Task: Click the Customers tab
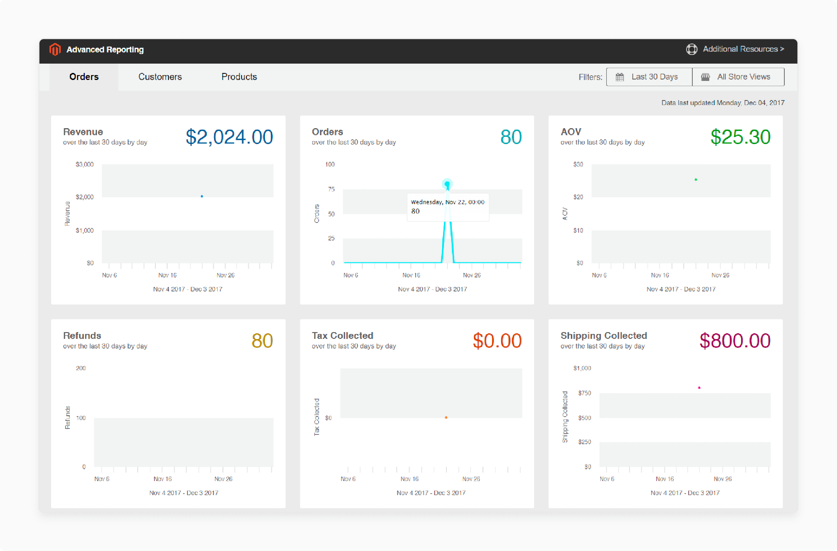(x=160, y=77)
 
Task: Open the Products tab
(x=239, y=77)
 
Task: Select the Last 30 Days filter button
(x=649, y=77)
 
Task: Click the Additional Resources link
(x=743, y=49)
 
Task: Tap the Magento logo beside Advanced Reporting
(x=55, y=49)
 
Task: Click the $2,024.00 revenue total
(x=229, y=137)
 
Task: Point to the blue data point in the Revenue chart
(x=202, y=196)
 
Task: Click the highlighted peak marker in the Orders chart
(x=447, y=184)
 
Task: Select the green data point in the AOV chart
(x=696, y=180)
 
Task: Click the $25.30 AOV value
(x=740, y=137)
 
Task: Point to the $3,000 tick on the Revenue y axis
(x=85, y=164)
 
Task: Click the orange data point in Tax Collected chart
(x=446, y=417)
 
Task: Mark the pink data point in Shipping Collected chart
(x=699, y=388)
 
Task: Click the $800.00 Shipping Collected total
(x=735, y=341)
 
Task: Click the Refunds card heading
(x=82, y=336)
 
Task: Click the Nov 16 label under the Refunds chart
(x=163, y=479)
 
